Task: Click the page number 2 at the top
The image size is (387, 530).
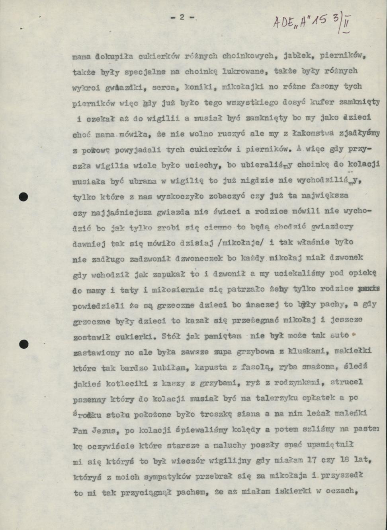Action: pyautogui.click(x=182, y=17)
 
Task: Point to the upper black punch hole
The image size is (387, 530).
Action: pyautogui.click(x=24, y=196)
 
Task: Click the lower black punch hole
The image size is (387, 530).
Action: pyautogui.click(x=24, y=344)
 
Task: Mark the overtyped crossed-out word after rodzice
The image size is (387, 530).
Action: pyautogui.click(x=368, y=289)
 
